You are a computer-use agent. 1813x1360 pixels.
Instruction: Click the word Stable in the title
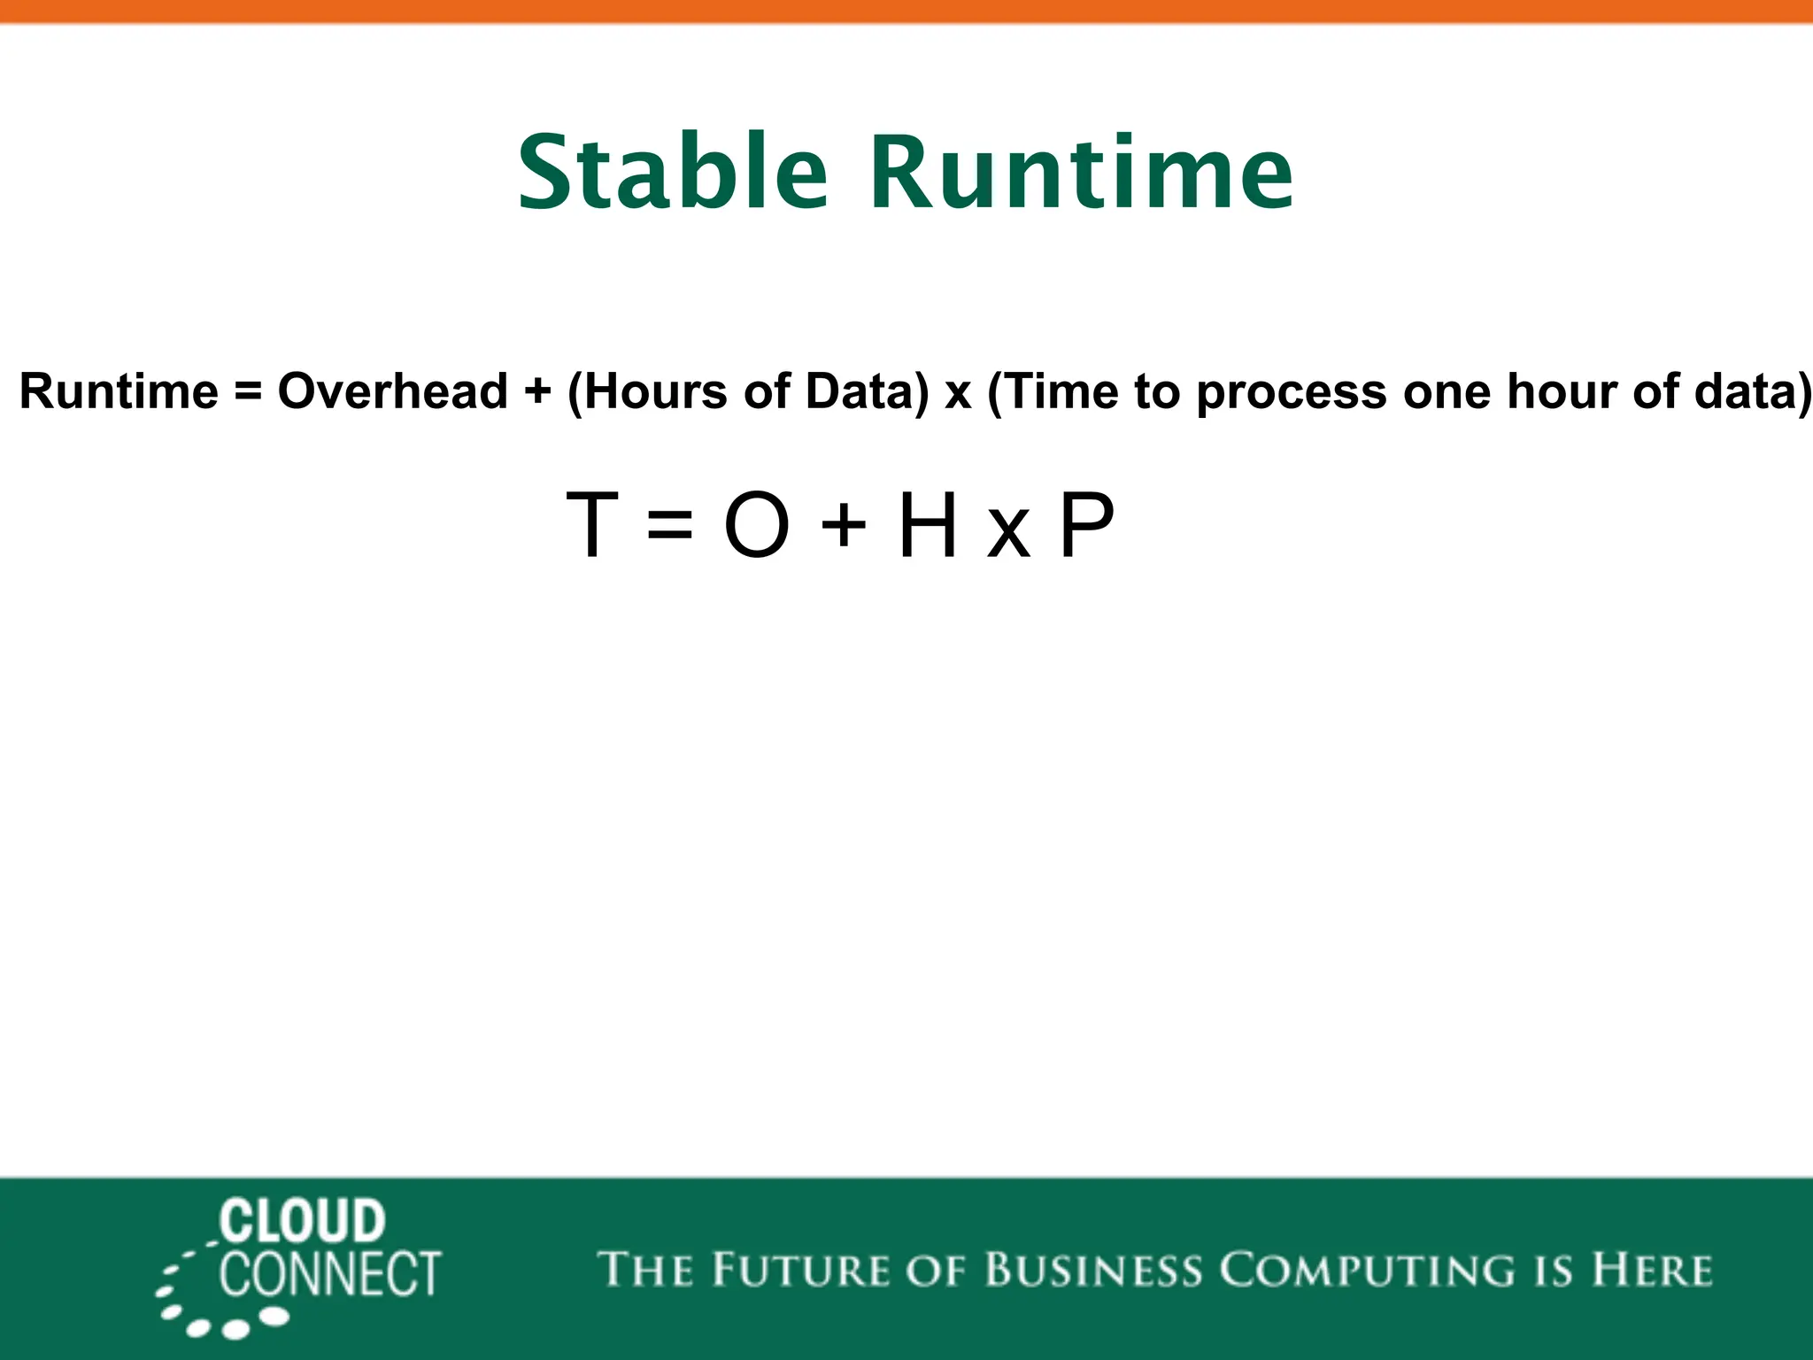[x=673, y=173]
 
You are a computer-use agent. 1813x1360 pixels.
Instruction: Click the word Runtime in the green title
[x=1082, y=173]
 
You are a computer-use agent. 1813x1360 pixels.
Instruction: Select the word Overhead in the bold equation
[x=392, y=391]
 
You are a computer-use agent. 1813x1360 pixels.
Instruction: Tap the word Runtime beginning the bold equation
[x=119, y=391]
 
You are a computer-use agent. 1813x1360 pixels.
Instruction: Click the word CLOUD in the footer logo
[x=302, y=1222]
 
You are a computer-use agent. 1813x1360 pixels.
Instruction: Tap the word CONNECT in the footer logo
[x=329, y=1275]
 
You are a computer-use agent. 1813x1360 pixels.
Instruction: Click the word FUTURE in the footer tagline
[x=799, y=1270]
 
